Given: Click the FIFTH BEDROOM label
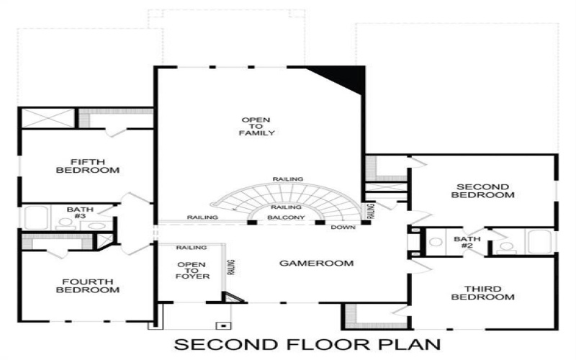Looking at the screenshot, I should [x=87, y=166].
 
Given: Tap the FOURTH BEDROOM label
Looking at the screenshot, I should [x=87, y=285].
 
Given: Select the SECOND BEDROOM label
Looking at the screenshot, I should [x=482, y=191].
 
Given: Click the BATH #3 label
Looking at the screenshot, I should [x=80, y=213].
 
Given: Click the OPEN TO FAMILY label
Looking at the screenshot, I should [x=258, y=126].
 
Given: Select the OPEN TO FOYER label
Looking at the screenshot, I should [x=191, y=271].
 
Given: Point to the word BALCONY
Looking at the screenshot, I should [x=286, y=217].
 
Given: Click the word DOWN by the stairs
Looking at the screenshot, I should [x=342, y=228].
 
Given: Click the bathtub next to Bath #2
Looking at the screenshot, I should [x=539, y=241].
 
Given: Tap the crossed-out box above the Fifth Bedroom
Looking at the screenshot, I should [x=47, y=117].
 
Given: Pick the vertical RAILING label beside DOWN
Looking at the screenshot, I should [x=372, y=211].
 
